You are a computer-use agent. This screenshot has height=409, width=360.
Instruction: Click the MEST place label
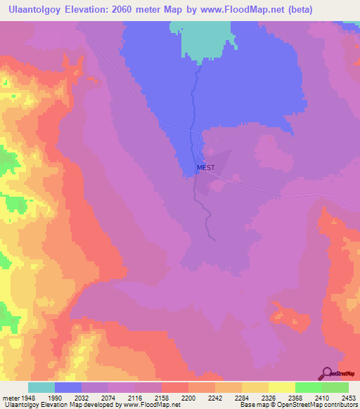(x=206, y=167)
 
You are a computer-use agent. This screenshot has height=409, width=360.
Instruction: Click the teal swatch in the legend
(x=41, y=387)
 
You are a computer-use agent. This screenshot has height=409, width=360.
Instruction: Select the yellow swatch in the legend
(x=281, y=387)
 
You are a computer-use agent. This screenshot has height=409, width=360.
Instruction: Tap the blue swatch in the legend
(x=68, y=387)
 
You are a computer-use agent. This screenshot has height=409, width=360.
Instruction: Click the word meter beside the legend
(x=11, y=396)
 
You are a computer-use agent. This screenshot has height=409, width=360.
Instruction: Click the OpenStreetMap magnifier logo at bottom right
(x=326, y=374)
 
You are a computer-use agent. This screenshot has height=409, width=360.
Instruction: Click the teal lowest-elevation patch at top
(x=207, y=39)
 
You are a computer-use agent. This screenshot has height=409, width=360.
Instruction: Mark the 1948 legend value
(x=31, y=396)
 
